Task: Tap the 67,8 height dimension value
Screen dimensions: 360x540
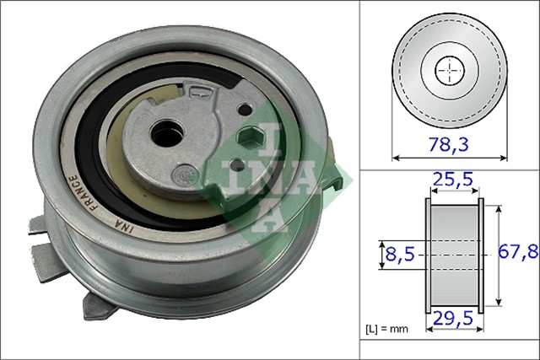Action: tap(518, 252)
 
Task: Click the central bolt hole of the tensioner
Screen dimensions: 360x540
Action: tap(165, 132)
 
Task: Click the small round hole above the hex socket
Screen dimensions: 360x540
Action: tap(244, 110)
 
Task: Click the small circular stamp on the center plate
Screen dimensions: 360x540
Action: tap(181, 176)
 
